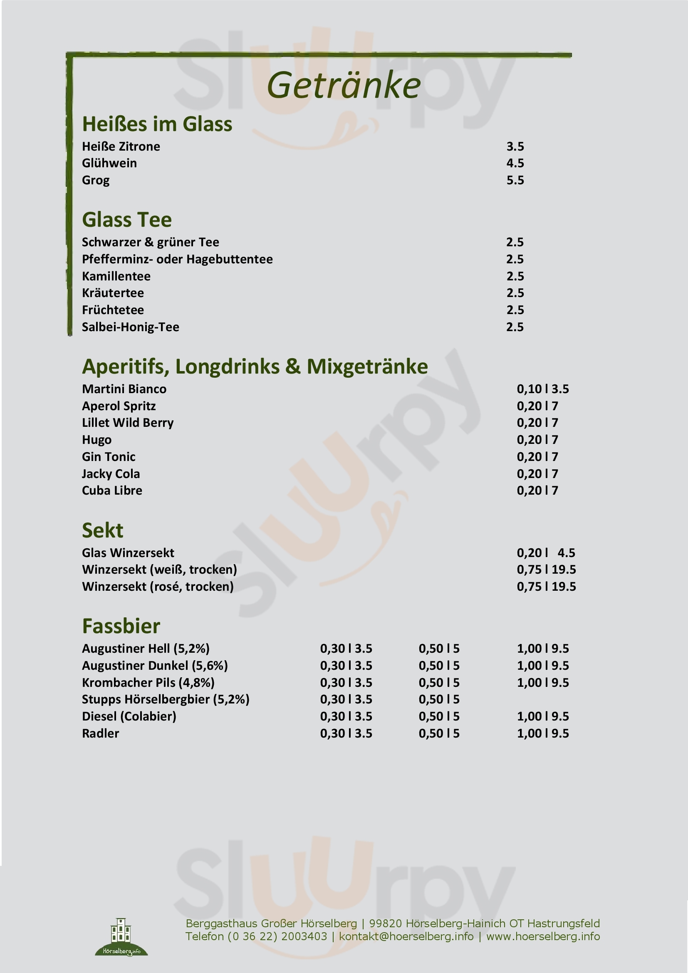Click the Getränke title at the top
344,86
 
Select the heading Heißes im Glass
157,124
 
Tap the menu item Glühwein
109,163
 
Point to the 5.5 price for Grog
515,180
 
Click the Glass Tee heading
127,220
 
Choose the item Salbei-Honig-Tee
131,327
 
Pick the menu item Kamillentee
116,276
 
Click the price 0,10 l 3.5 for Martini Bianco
542,389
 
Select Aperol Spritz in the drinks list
119,406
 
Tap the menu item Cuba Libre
112,490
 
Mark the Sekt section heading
102,530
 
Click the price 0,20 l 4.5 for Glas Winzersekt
546,552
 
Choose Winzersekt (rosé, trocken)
158,587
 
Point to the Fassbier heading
121,626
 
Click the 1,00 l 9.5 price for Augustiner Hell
543,649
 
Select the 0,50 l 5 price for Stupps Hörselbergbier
439,699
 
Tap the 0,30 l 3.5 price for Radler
346,733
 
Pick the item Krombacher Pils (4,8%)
148,682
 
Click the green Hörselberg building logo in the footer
121,936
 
